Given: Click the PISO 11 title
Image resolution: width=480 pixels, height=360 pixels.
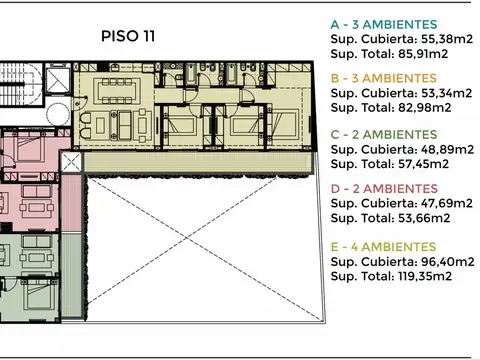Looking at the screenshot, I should [x=128, y=35].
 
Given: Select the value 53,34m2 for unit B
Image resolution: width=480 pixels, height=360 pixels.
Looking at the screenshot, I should [x=446, y=93].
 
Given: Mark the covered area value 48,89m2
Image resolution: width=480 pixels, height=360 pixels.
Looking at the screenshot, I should [x=446, y=148].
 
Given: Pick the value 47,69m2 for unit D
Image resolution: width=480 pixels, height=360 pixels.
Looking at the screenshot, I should [x=446, y=202].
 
